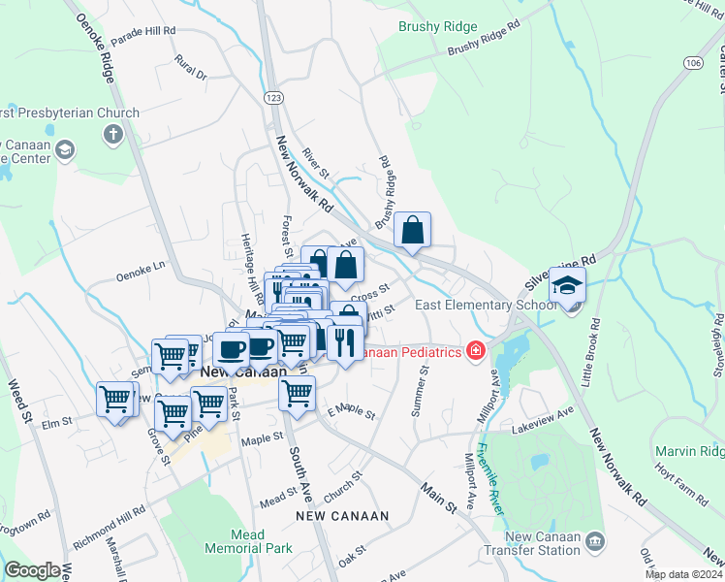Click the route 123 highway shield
(x=274, y=98)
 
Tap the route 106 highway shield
(x=692, y=62)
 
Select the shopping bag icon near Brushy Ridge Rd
(x=413, y=231)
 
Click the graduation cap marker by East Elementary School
(x=567, y=285)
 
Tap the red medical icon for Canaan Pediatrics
(x=475, y=350)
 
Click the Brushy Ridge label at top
(x=438, y=27)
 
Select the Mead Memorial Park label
(x=248, y=541)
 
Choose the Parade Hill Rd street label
(x=142, y=31)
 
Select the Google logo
(x=32, y=570)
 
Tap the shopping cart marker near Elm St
(x=114, y=399)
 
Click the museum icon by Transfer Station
(x=595, y=540)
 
